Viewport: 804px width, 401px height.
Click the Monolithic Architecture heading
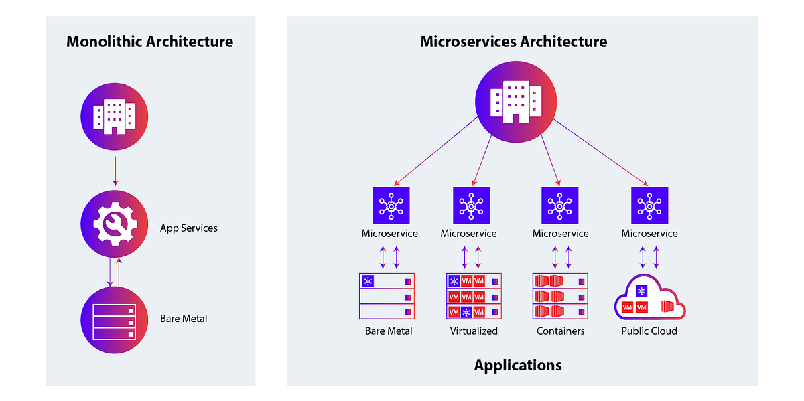click(x=150, y=42)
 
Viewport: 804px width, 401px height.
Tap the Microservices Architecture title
click(x=513, y=42)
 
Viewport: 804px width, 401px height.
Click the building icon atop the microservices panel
click(x=516, y=98)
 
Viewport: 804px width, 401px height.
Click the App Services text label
click(x=189, y=228)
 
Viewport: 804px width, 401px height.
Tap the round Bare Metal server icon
click(x=114, y=320)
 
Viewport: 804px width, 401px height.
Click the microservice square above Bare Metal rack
click(x=391, y=205)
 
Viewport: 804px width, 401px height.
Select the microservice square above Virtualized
click(x=471, y=205)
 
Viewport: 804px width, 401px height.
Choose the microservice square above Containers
click(x=559, y=205)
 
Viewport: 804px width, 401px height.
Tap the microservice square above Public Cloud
click(x=650, y=205)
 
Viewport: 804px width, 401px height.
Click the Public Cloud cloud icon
click(x=649, y=299)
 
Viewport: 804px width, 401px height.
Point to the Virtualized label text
click(x=474, y=331)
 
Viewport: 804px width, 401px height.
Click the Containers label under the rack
click(x=561, y=331)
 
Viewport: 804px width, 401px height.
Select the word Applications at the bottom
click(x=518, y=366)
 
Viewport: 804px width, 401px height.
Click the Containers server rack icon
click(x=560, y=296)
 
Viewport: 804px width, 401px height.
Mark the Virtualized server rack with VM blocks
click(x=474, y=296)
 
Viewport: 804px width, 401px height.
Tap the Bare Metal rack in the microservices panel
click(x=388, y=296)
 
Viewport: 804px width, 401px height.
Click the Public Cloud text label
click(x=649, y=331)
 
